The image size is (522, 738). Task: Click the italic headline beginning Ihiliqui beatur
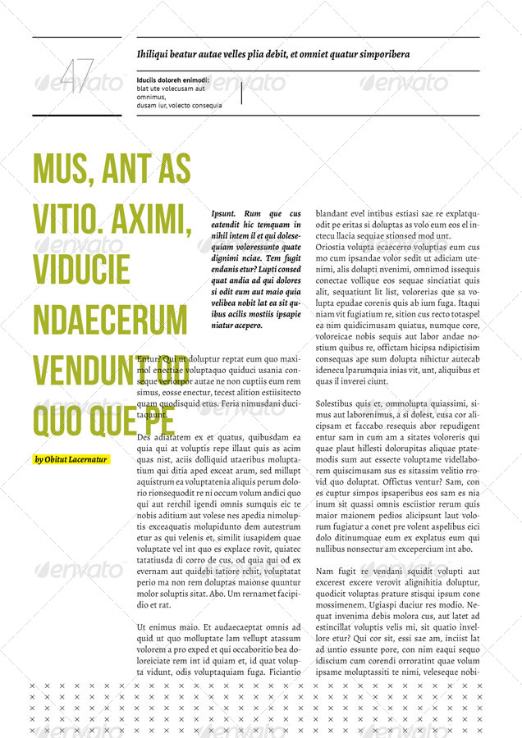[x=273, y=54]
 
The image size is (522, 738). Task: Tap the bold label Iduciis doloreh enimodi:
[x=173, y=80]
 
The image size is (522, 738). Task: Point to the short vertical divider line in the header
[x=241, y=93]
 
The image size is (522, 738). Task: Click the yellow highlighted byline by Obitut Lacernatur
[x=71, y=459]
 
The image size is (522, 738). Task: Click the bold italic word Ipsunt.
[x=223, y=213]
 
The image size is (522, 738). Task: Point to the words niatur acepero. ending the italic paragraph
[x=237, y=326]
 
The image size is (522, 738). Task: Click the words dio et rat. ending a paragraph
[x=154, y=604]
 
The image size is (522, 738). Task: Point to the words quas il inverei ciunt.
[x=352, y=381]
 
